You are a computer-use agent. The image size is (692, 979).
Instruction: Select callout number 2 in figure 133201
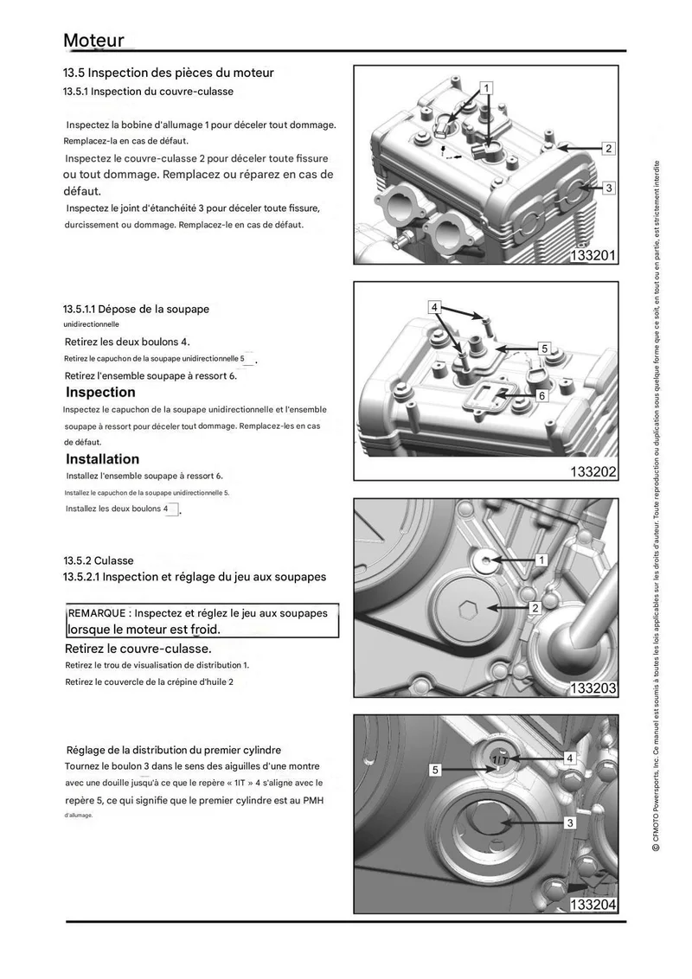pos(608,148)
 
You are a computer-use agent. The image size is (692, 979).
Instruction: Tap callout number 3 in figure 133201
pos(608,188)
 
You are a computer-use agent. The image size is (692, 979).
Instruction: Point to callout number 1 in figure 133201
pos(486,88)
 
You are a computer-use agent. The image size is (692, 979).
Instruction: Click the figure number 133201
pos(593,255)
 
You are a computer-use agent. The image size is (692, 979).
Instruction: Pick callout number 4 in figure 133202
pos(435,306)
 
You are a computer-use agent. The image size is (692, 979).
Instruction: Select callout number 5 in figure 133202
pos(545,349)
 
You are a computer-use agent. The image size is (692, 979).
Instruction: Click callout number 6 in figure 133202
pos(542,395)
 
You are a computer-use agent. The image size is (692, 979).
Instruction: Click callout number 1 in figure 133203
pos(541,560)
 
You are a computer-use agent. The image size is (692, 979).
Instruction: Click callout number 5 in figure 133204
pos(435,770)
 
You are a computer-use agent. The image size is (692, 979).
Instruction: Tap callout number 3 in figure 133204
pos(569,823)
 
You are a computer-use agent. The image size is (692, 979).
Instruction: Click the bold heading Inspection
pos(100,392)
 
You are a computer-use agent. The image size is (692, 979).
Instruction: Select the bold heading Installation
pos(102,459)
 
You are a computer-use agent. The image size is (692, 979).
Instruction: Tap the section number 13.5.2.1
pos(81,577)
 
